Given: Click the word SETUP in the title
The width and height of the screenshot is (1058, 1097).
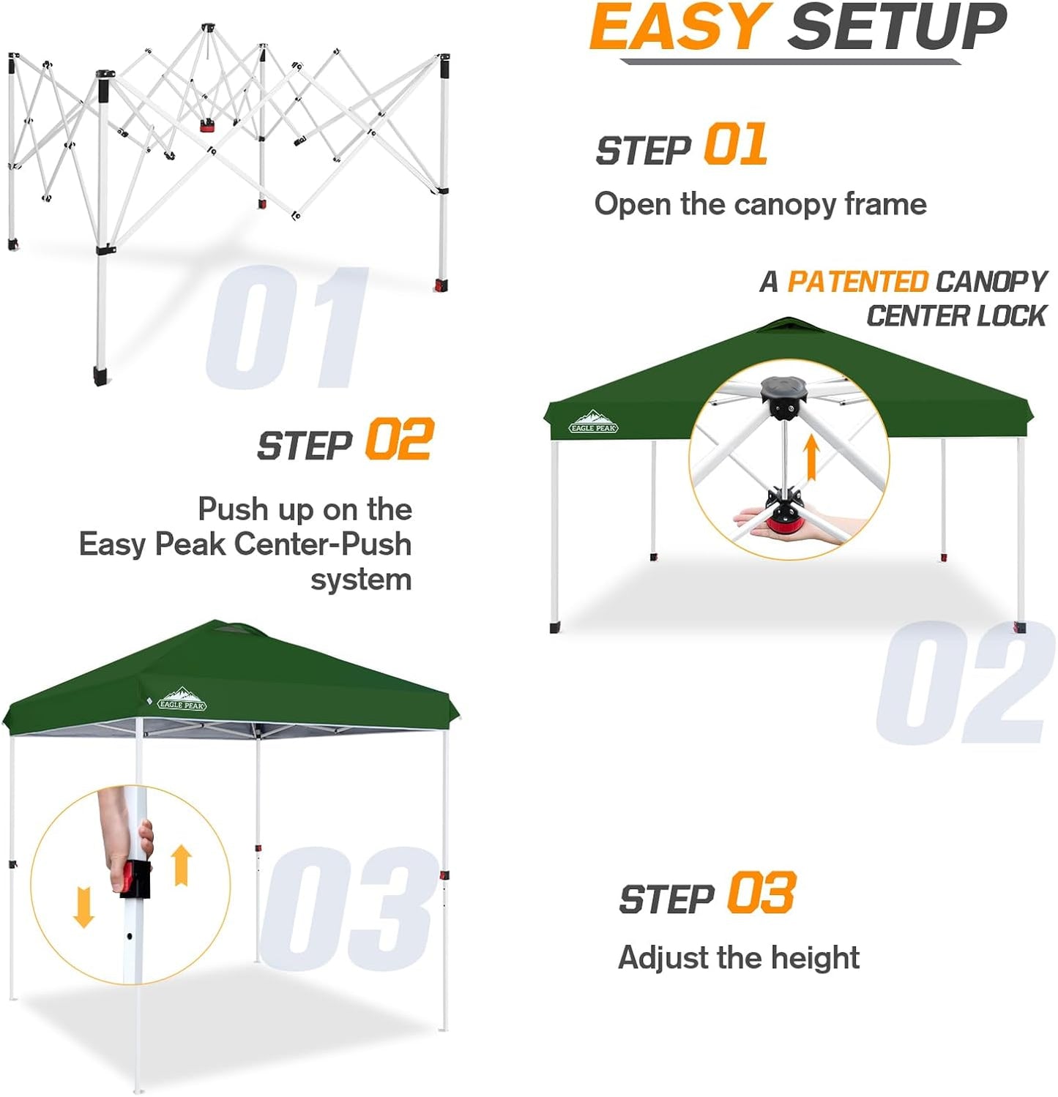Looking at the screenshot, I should pos(896,28).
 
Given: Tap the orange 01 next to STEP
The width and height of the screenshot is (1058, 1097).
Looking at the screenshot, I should pos(735,144).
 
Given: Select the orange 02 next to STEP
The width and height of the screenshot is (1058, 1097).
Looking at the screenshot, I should pos(399,439).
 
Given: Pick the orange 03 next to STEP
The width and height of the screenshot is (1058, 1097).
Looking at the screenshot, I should pos(761,894).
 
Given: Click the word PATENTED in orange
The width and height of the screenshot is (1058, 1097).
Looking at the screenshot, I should pos(857,282).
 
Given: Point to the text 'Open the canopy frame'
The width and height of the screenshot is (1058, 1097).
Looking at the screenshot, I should pos(760,204).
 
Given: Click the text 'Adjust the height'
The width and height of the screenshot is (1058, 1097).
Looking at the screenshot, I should pos(739,957).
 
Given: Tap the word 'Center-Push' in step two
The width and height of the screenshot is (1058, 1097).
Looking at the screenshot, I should pos(323,544).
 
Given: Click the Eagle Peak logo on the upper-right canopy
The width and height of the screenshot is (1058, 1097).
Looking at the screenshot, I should pos(593,422).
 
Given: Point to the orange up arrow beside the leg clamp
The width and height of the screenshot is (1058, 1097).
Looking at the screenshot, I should pos(182,865).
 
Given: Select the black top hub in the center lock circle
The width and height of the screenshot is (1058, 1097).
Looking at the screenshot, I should pos(784,396).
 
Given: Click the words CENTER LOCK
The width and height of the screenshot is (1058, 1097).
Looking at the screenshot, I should pos(956,316).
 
